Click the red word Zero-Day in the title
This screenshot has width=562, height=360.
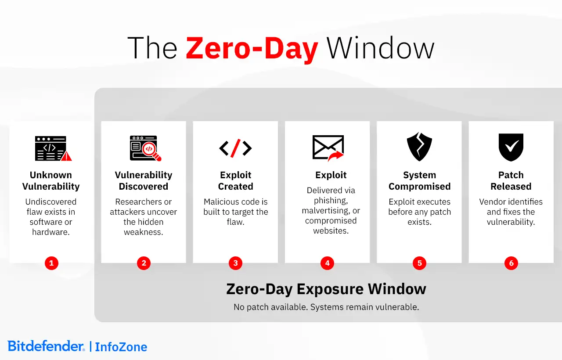coord(252,48)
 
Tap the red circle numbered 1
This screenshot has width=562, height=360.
coord(51,263)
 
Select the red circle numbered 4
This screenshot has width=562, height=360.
coord(327,263)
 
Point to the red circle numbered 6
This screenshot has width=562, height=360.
coord(511,263)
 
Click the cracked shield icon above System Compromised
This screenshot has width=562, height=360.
coord(419,147)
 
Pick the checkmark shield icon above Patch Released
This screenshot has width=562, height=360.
coord(511,147)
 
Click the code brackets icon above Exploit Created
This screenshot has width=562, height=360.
coord(235,148)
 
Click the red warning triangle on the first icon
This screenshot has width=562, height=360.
coord(66,156)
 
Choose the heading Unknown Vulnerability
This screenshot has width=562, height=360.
coord(51,181)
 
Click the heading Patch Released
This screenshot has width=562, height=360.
coord(511,181)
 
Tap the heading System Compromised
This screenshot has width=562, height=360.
coord(419,181)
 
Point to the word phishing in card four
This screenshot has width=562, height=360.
coord(330,201)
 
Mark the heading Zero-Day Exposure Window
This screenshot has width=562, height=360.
coord(326,289)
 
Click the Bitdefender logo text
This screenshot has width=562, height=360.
coord(46,346)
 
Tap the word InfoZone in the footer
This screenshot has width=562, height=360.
coord(121,347)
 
